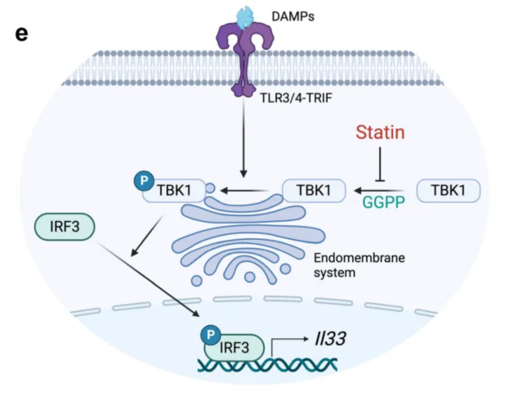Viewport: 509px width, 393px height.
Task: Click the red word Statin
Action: click(380, 131)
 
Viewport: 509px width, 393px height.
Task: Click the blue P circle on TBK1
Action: click(144, 178)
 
